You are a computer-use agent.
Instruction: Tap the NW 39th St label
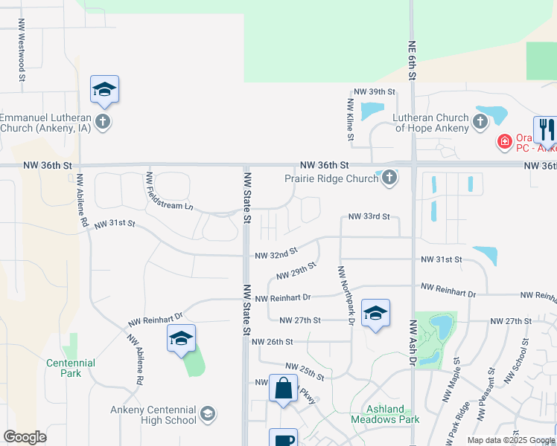pyautogui.click(x=374, y=91)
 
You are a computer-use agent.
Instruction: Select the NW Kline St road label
pyautogui.click(x=349, y=119)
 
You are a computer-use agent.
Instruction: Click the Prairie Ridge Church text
pyautogui.click(x=331, y=178)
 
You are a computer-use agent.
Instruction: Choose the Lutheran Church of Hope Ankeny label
pyautogui.click(x=432, y=123)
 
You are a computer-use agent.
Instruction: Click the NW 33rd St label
pyautogui.click(x=369, y=216)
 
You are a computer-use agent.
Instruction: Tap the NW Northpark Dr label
pyautogui.click(x=343, y=295)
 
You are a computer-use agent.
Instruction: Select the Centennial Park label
pyautogui.click(x=71, y=367)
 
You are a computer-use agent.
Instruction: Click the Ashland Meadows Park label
pyautogui.click(x=385, y=414)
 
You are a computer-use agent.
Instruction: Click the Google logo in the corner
pyautogui.click(x=25, y=436)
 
